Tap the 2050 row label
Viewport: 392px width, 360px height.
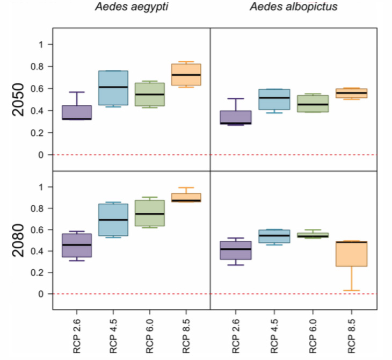tap(20, 99)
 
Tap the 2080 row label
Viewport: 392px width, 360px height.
tap(20, 240)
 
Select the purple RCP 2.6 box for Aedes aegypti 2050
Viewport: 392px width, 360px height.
tap(77, 112)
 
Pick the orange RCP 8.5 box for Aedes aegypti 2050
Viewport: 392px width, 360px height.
tap(186, 74)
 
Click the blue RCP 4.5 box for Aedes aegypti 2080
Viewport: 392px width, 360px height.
tap(113, 220)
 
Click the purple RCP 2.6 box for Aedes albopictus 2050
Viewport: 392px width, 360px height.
tap(236, 118)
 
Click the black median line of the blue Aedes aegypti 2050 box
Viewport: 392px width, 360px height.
tap(113, 87)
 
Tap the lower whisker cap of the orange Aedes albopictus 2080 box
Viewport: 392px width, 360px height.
tap(352, 291)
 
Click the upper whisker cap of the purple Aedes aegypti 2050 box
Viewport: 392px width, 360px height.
tap(77, 92)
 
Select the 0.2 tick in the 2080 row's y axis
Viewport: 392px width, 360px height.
tap(47, 272)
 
